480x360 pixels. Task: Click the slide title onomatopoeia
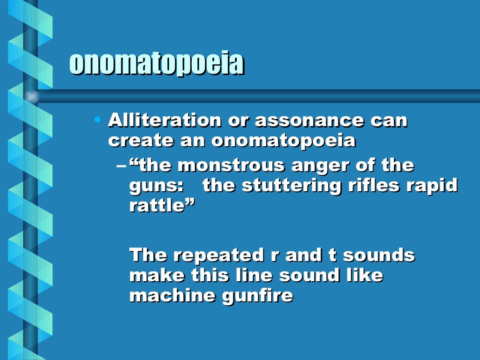click(157, 64)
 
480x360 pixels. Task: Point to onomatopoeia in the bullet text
click(283, 141)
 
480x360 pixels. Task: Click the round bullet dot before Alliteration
click(97, 120)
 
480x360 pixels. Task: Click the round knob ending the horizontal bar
click(31, 97)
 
